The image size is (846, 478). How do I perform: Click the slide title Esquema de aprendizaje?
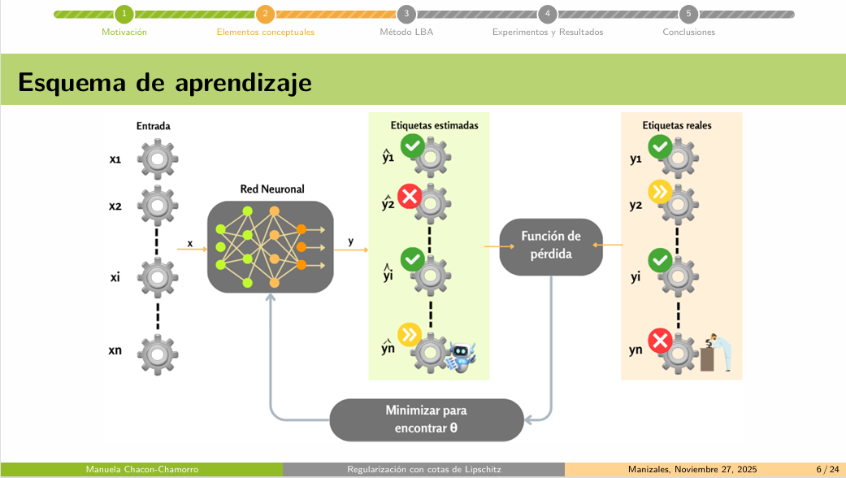[x=165, y=82]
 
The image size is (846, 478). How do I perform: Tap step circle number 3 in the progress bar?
[x=406, y=14]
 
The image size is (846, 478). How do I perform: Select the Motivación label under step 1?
[x=124, y=33]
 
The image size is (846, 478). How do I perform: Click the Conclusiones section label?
[x=688, y=33]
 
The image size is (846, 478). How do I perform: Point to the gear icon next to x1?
[x=158, y=159]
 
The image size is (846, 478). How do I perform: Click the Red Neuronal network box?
[x=271, y=246]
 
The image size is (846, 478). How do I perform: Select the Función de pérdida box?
[x=551, y=246]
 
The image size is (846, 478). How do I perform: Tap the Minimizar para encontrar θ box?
[x=426, y=419]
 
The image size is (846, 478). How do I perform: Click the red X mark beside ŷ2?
[x=409, y=196]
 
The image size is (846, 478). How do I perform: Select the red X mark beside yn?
[x=660, y=340]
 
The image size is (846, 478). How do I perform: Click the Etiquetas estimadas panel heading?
[x=434, y=126]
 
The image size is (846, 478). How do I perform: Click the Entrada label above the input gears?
[x=153, y=126]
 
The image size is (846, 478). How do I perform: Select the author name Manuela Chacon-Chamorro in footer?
[x=142, y=470]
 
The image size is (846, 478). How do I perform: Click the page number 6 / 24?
[x=827, y=470]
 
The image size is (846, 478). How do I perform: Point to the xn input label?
[x=115, y=350]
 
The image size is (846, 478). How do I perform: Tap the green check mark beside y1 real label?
[x=660, y=147]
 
